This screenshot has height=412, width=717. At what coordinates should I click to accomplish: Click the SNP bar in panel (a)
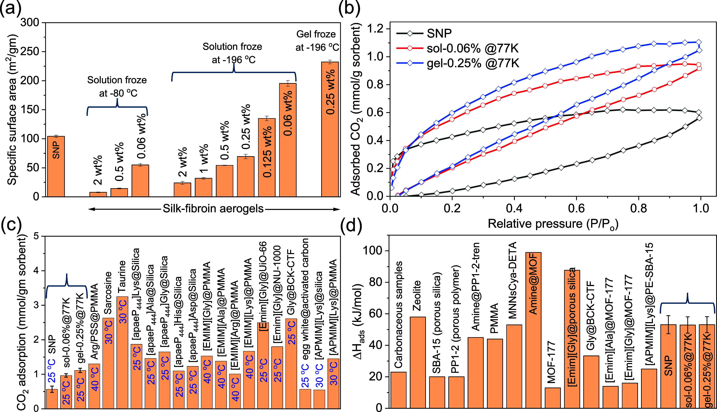click(56, 166)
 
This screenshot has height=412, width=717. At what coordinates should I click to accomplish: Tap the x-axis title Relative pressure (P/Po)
click(553, 224)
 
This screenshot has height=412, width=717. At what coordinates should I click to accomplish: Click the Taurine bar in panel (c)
click(122, 352)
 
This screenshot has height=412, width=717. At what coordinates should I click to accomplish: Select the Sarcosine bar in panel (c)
click(108, 363)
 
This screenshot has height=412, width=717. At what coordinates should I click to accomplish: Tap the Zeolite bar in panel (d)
click(418, 363)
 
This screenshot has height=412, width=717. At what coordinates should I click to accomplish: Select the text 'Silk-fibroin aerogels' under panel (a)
click(213, 209)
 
